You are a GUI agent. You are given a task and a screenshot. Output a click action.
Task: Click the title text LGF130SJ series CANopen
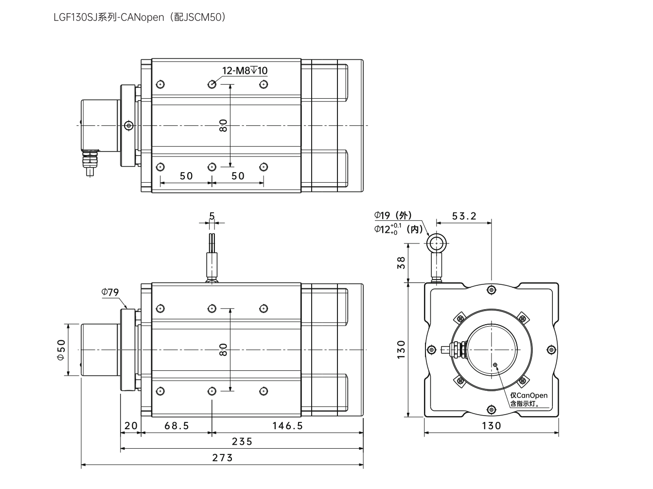[140, 17]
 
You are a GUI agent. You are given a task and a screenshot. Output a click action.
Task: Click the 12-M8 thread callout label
[245, 70]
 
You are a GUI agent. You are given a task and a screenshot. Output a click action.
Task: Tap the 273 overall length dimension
[222, 458]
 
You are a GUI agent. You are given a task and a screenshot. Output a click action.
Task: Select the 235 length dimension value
[242, 441]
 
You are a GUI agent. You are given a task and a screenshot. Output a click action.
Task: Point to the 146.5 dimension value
[287, 426]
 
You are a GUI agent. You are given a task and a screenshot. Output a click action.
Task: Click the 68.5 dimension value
[176, 426]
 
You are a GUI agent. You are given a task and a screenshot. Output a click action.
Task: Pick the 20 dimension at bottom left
[131, 426]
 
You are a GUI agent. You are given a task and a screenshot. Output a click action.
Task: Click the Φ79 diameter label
[110, 292]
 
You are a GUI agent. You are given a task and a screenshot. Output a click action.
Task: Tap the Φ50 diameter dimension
[61, 349]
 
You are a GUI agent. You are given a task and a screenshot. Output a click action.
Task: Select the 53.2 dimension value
[464, 216]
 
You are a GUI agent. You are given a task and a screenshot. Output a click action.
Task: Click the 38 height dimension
[401, 262]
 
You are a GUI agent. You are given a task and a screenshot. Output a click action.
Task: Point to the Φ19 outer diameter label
[392, 215]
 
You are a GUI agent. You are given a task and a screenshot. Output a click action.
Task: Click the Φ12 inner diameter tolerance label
[398, 229]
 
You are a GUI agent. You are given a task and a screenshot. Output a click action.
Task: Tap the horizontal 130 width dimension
[491, 426]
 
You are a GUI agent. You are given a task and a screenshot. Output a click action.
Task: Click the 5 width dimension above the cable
[212, 215]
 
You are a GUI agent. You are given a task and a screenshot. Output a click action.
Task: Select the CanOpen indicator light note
[529, 399]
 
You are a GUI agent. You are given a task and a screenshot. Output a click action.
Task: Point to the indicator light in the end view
[495, 365]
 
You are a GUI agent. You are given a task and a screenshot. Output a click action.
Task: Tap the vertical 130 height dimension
[401, 349]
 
